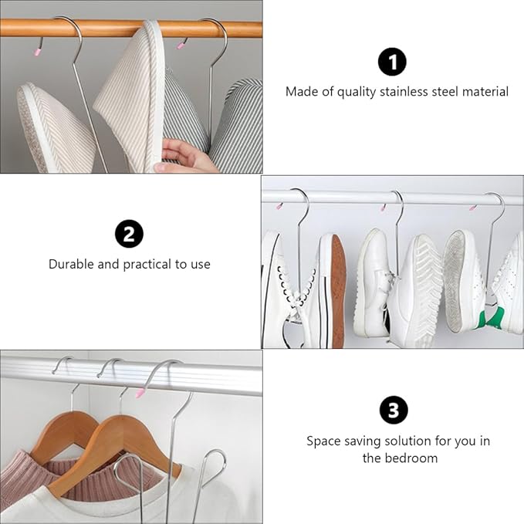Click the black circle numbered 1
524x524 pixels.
pyautogui.click(x=392, y=63)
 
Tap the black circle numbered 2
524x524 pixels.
pyautogui.click(x=129, y=234)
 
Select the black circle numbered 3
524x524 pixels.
pyautogui.click(x=394, y=410)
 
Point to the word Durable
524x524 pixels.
pyautogui.click(x=71, y=264)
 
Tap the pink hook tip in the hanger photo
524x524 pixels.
pyautogui.click(x=139, y=392)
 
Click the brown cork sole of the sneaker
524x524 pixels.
pyautogui.click(x=338, y=292)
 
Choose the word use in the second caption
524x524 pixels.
pyautogui.click(x=201, y=265)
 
